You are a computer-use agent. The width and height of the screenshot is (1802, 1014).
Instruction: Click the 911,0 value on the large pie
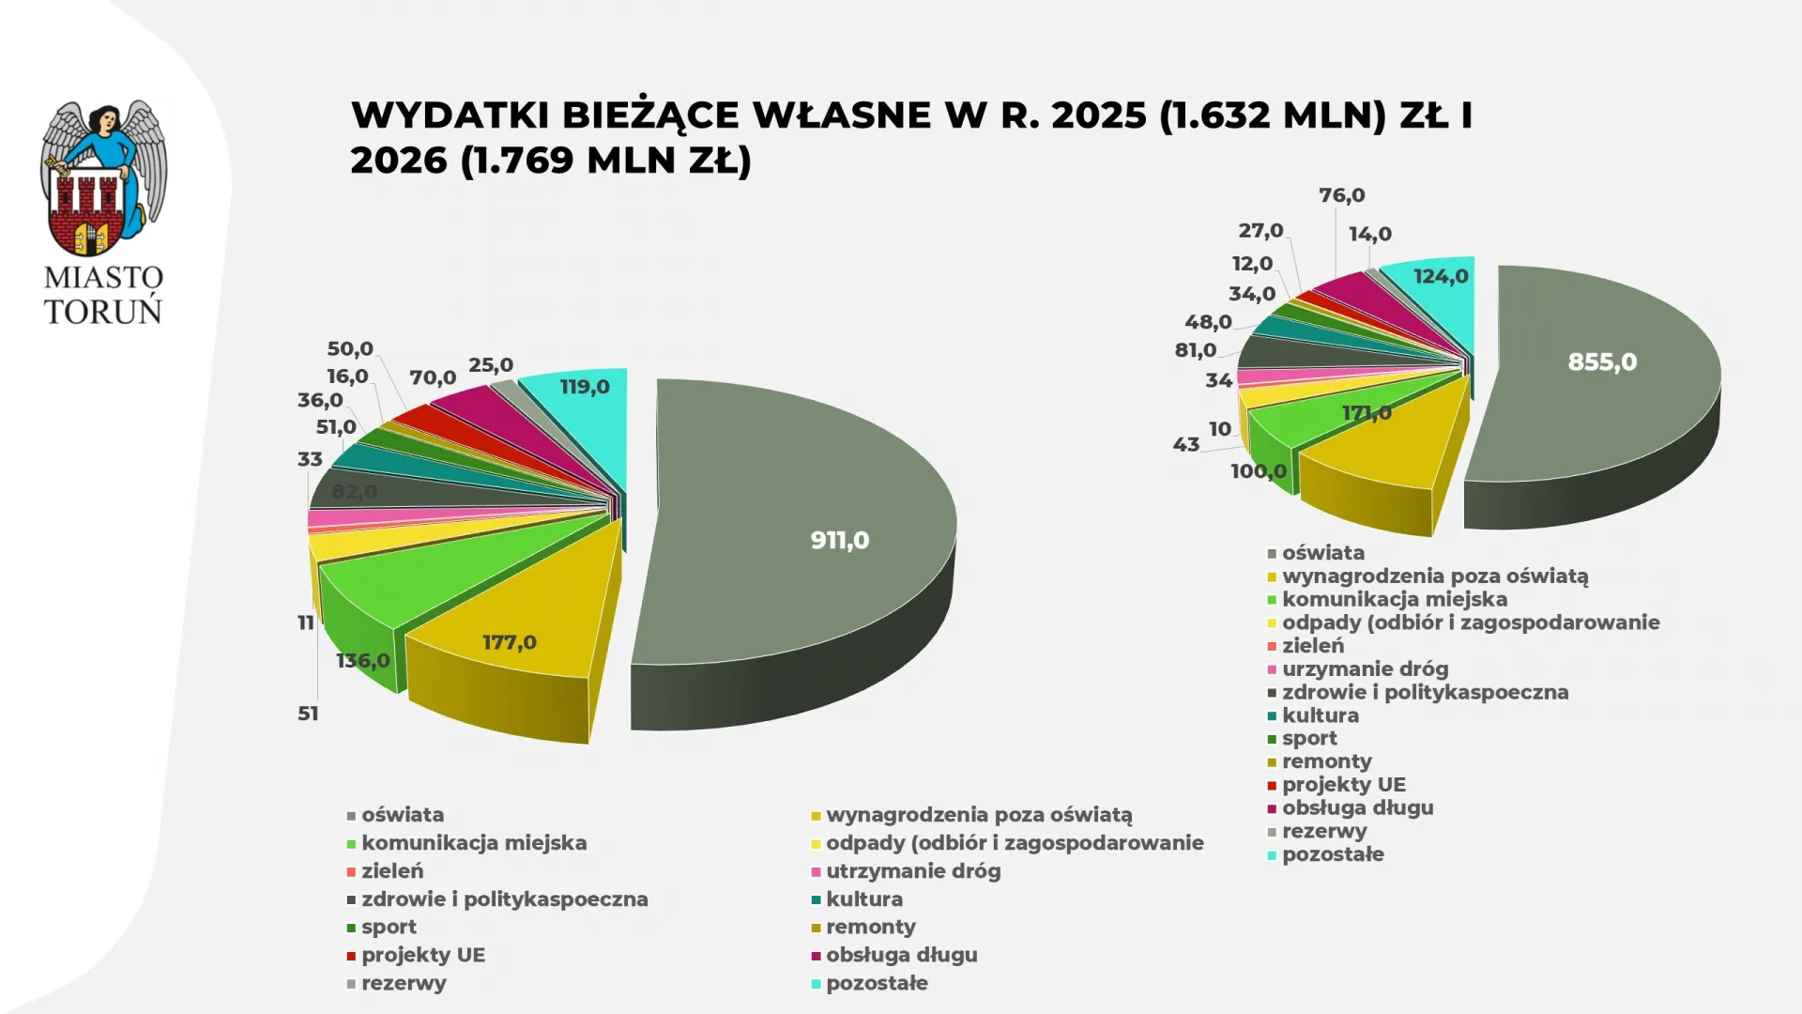839,541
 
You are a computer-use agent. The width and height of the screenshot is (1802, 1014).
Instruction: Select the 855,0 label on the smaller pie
1602,362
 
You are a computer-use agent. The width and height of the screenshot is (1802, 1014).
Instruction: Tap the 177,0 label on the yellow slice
510,642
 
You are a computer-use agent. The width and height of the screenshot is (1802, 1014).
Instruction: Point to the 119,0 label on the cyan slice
585,387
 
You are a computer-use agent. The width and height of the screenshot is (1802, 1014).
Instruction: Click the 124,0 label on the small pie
1441,276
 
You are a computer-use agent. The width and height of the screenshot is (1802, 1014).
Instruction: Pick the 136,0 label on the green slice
363,661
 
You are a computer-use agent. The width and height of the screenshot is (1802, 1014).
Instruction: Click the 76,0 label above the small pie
1341,195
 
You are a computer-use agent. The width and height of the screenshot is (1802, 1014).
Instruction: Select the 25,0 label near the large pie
491,365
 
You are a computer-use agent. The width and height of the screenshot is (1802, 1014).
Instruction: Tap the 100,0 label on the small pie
1259,471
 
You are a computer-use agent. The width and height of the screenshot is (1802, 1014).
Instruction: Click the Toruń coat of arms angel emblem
103,178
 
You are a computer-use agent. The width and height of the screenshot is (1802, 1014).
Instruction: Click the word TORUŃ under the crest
103,312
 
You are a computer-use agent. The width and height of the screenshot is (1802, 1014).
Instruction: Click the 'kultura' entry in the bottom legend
863,899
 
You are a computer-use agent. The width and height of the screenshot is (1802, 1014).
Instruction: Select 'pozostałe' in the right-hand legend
1333,854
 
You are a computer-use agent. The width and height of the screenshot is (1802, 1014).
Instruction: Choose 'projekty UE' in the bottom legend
423,955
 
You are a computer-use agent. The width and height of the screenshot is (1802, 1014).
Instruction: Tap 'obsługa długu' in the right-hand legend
1357,807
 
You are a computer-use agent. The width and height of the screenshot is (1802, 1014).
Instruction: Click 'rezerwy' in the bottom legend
404,983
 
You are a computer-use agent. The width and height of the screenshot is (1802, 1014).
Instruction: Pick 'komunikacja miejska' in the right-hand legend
1395,599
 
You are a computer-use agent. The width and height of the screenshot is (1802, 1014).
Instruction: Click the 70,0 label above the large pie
433,377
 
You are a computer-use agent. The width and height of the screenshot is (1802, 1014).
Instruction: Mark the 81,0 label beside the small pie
1196,350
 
